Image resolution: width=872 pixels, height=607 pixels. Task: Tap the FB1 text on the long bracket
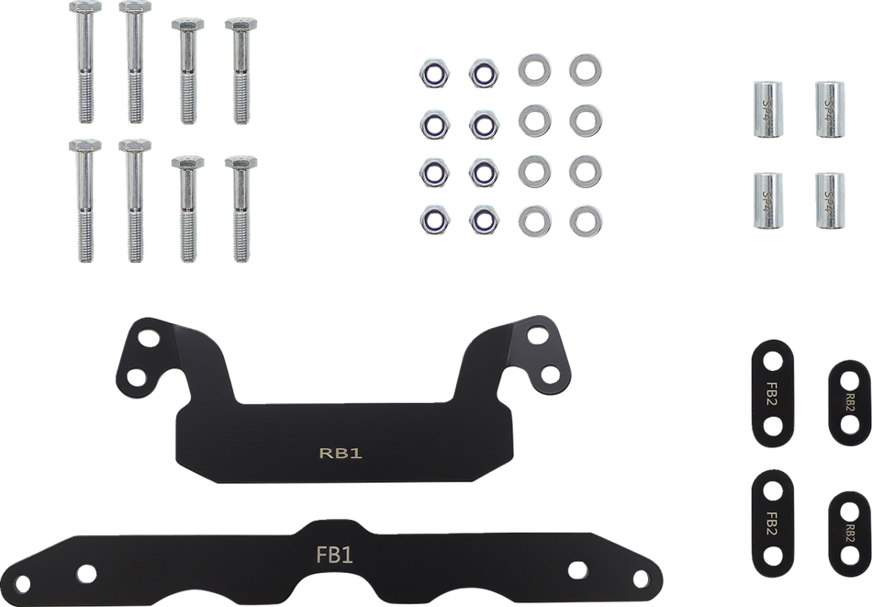tap(334, 555)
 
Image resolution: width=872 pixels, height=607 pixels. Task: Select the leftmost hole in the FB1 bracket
tap(23, 584)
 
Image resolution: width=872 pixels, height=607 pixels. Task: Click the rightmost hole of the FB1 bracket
tap(641, 579)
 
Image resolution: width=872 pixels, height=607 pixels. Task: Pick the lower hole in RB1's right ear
tap(550, 374)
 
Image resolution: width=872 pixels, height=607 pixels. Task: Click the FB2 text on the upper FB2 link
tap(771, 393)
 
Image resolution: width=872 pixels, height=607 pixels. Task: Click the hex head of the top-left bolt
tap(85, 7)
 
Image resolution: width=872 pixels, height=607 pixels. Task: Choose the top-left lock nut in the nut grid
tap(434, 73)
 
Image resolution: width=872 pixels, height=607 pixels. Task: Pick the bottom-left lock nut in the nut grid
tap(434, 220)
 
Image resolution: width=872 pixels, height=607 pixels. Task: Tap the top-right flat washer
tap(585, 70)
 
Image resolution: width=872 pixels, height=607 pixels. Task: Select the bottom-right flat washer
tap(585, 221)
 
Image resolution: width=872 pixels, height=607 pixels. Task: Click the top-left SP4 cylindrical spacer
tap(768, 109)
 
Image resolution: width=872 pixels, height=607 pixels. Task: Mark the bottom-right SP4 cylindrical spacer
tap(830, 200)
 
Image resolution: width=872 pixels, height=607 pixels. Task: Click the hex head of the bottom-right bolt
tap(240, 163)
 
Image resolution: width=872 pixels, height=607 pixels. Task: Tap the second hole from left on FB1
tap(86, 574)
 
